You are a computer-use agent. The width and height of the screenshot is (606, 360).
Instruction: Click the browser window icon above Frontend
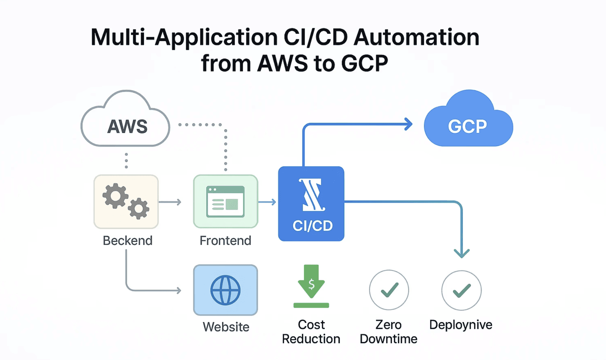pyautogui.click(x=225, y=202)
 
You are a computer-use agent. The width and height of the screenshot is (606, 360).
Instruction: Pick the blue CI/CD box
pyautogui.click(x=311, y=203)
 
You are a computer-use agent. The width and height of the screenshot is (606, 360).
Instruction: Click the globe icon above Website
pyautogui.click(x=225, y=290)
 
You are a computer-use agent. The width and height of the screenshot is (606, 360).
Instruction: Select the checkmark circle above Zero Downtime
pyautogui.click(x=389, y=290)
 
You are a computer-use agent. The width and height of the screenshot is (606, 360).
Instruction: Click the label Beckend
pyautogui.click(x=127, y=241)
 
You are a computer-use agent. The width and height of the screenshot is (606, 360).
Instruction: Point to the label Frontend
pyautogui.click(x=225, y=241)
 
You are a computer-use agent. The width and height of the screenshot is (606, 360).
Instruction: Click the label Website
pyautogui.click(x=226, y=327)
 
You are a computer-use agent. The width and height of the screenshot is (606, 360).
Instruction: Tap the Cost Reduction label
pyautogui.click(x=311, y=332)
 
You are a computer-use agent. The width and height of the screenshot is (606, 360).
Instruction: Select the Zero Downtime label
pyautogui.click(x=388, y=332)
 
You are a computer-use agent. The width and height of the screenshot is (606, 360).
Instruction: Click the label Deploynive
pyautogui.click(x=461, y=325)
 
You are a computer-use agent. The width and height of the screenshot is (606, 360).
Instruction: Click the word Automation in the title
pyautogui.click(x=416, y=37)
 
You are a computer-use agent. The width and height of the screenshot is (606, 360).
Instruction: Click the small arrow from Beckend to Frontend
pyautogui.click(x=171, y=202)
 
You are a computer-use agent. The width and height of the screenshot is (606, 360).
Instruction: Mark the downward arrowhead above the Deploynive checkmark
pyautogui.click(x=461, y=253)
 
